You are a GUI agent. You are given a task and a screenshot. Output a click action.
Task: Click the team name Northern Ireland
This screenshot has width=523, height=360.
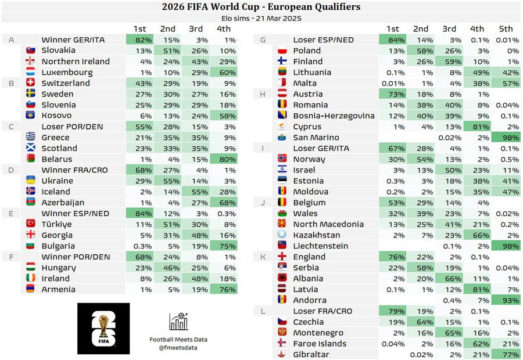click(x=76, y=62)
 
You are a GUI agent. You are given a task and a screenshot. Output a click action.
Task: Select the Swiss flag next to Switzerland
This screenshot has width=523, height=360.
click(x=30, y=83)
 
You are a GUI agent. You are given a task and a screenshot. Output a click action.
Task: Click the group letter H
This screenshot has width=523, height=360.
click(x=263, y=94)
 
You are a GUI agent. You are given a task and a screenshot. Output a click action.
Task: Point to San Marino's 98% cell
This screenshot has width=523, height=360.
click(x=506, y=138)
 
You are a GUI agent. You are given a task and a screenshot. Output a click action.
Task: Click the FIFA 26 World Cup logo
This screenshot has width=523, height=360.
click(x=103, y=329)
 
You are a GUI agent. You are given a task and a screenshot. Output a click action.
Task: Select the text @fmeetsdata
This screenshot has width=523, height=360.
click(x=178, y=347)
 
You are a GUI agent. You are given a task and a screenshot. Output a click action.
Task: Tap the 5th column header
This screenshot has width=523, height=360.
click(x=506, y=28)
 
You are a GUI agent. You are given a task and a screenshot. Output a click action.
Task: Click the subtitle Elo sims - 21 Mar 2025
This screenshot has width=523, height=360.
click(x=261, y=18)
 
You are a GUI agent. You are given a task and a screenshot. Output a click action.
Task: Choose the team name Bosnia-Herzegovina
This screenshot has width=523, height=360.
click(x=334, y=116)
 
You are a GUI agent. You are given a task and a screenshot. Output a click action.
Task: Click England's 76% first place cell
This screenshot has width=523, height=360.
click(x=392, y=257)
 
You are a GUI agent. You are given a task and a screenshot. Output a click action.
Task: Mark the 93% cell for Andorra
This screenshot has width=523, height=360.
click(x=506, y=300)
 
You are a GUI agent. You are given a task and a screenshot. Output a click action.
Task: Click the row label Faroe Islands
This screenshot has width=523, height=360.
click(x=320, y=344)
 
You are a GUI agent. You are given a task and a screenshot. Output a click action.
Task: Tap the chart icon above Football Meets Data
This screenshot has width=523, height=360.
click(x=178, y=322)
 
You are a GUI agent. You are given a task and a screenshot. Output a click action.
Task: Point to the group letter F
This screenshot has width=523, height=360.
click(x=11, y=257)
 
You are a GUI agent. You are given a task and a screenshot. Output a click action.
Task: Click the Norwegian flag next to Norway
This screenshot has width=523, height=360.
click(x=283, y=159)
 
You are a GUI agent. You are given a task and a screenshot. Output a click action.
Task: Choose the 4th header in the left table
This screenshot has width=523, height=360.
click(x=223, y=28)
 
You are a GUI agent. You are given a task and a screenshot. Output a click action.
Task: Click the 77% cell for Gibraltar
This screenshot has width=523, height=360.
click(x=506, y=354)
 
